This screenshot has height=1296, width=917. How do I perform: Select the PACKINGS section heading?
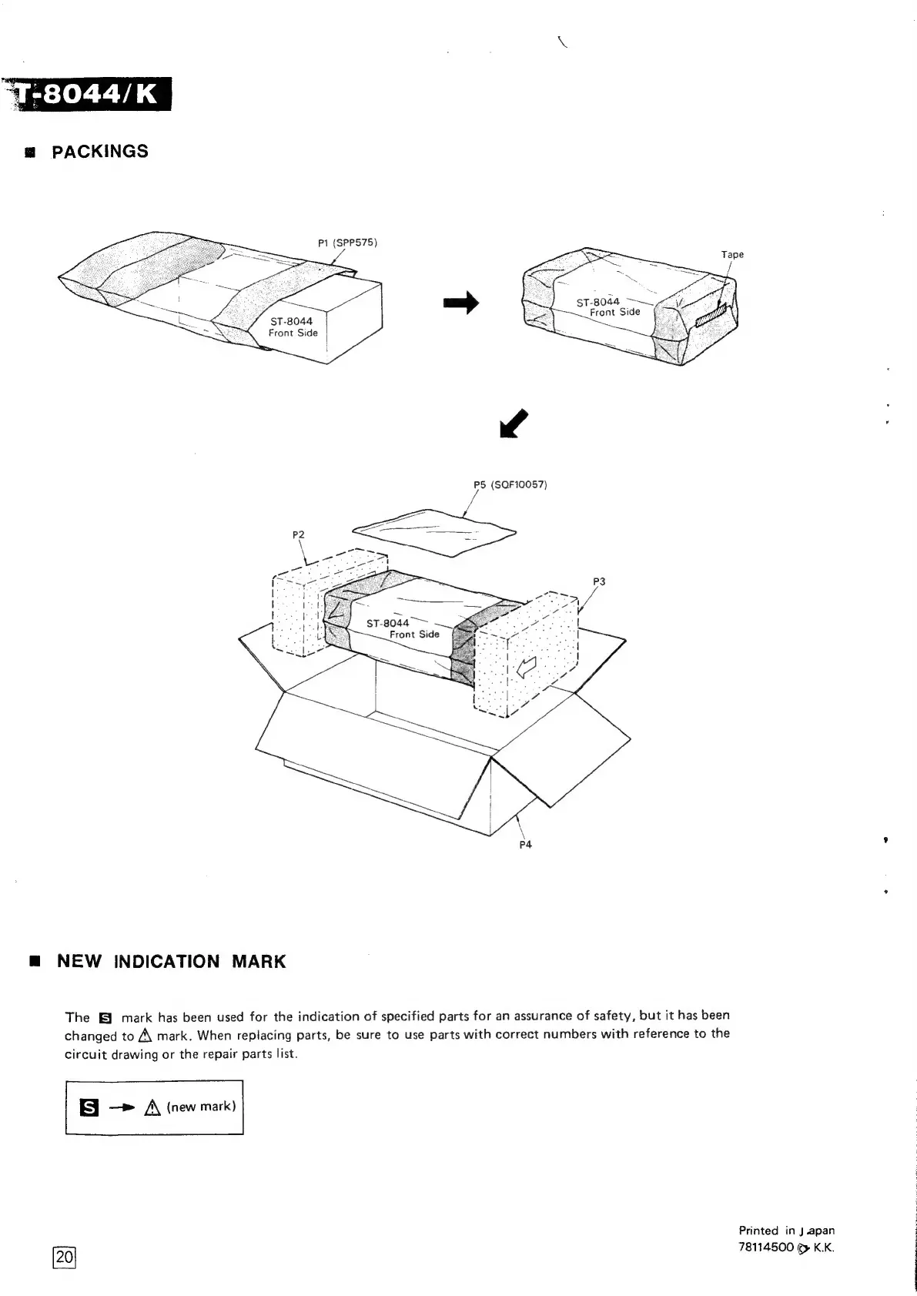pos(99,151)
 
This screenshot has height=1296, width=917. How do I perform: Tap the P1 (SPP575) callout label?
pos(347,243)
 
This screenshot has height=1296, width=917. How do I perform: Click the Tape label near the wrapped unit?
pos(732,254)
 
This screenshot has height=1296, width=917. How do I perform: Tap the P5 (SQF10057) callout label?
pos(510,484)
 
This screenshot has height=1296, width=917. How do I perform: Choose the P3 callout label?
pos(599,581)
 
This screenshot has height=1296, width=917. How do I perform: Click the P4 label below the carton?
pos(525,845)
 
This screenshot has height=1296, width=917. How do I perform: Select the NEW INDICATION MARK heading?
pos(171,961)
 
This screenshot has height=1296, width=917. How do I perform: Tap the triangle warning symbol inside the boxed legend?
pos(151,1108)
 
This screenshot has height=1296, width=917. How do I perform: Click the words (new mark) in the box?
pos(201,1107)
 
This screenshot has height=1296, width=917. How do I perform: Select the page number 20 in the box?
pos(65,1257)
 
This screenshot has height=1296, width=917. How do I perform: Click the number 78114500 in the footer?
pos(765,1246)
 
